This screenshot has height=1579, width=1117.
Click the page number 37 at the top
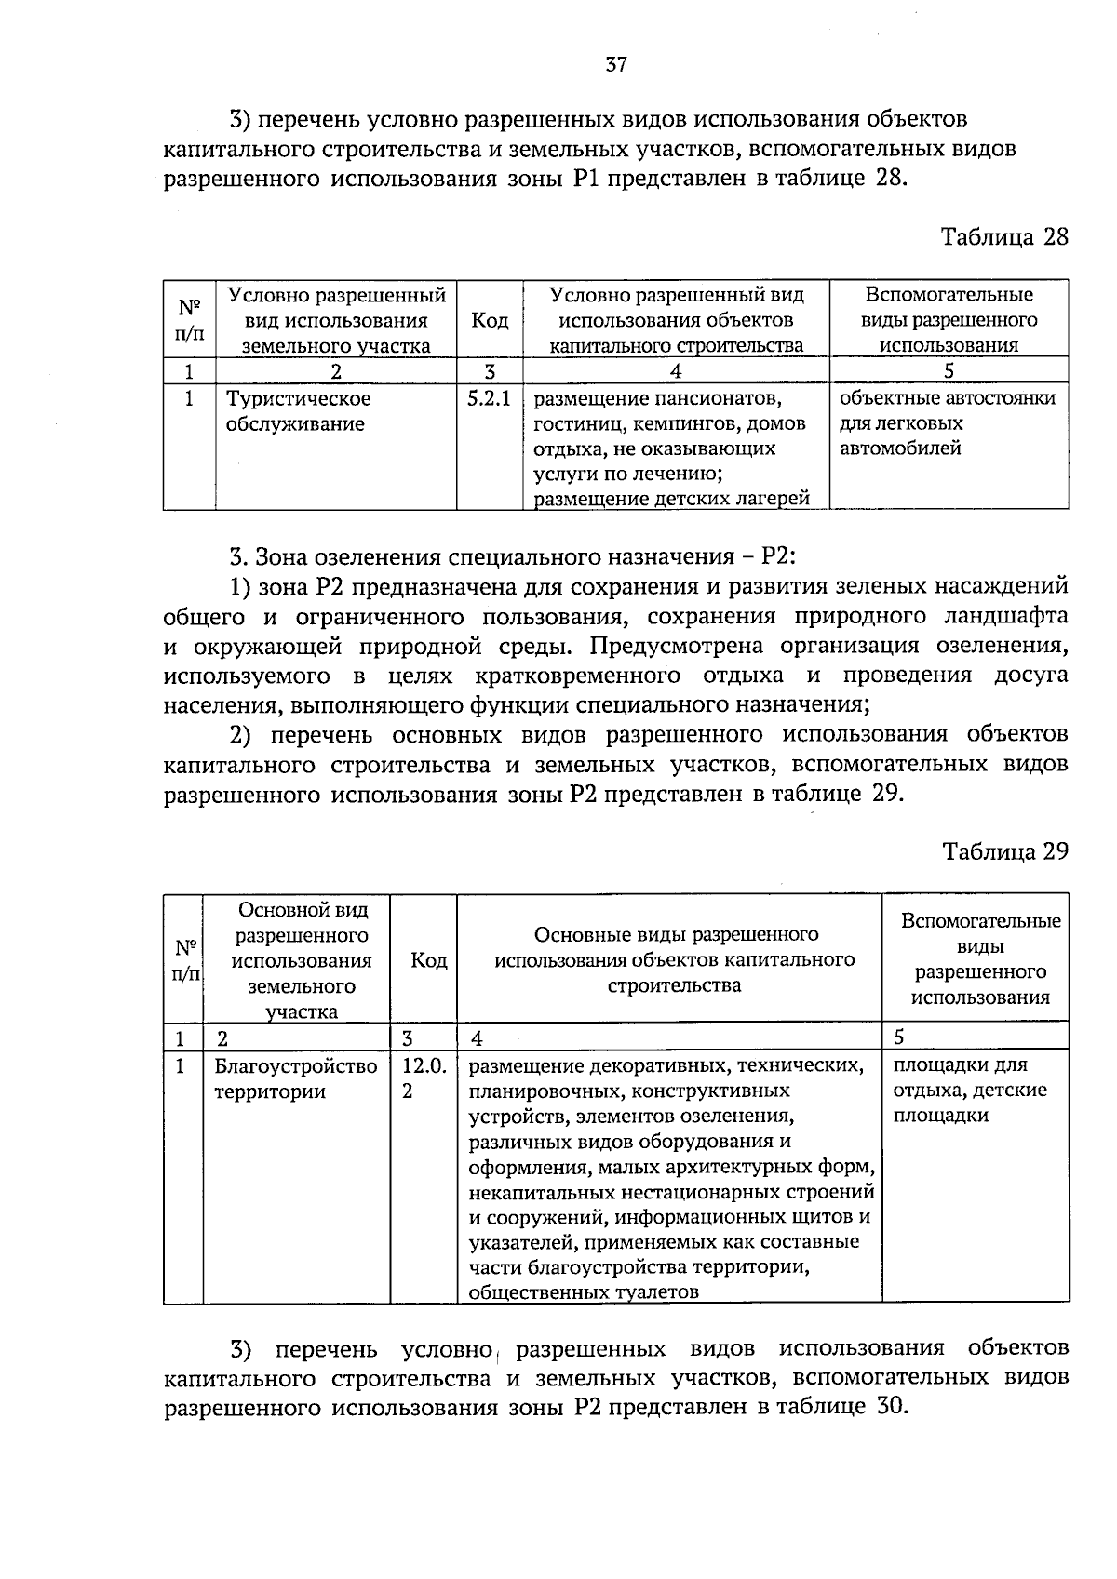coord(616,64)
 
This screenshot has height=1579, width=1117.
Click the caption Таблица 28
coord(1004,236)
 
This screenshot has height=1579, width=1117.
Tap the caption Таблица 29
coord(1004,851)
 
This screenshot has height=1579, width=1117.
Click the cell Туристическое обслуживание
coord(298,411)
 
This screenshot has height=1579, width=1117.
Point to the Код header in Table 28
coord(490,321)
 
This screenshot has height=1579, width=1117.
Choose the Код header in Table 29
coord(429,960)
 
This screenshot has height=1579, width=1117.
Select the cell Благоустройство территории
coord(295,1078)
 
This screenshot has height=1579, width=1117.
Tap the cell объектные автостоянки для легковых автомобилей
coord(947,423)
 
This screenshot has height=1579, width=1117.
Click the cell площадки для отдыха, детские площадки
coord(969,1090)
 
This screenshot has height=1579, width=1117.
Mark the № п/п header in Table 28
coord(190,319)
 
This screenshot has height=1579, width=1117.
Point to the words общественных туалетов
coord(584,1291)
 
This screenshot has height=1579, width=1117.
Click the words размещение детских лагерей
coord(671,499)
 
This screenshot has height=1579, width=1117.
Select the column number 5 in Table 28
coord(949,371)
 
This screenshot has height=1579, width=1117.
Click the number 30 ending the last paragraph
coord(890,1406)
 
